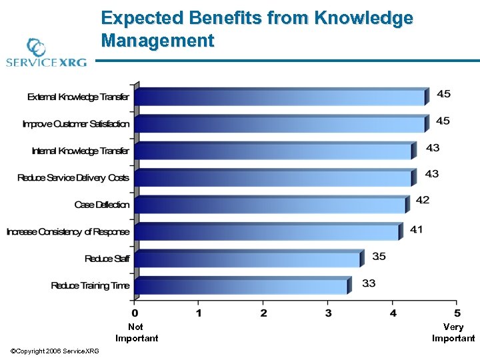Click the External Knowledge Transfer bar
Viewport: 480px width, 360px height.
280,97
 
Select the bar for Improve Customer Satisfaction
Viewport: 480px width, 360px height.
280,124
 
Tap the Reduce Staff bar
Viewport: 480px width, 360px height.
247,259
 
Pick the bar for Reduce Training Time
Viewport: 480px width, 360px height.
241,286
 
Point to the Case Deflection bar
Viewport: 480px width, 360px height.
270,205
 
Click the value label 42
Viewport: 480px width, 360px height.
423,200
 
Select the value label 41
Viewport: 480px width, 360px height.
416,229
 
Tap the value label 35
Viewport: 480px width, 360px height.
379,256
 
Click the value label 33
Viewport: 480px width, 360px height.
369,283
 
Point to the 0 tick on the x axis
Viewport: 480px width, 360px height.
135,313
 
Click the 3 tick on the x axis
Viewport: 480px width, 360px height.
329,313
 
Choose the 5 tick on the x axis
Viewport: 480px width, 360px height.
457,313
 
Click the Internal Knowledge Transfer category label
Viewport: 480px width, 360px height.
81,151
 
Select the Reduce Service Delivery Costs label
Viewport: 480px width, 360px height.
73,178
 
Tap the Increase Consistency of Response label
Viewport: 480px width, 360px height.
68,232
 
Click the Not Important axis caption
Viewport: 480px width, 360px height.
136,333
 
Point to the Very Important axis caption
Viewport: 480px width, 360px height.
453,333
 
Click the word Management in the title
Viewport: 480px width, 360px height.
158,41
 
